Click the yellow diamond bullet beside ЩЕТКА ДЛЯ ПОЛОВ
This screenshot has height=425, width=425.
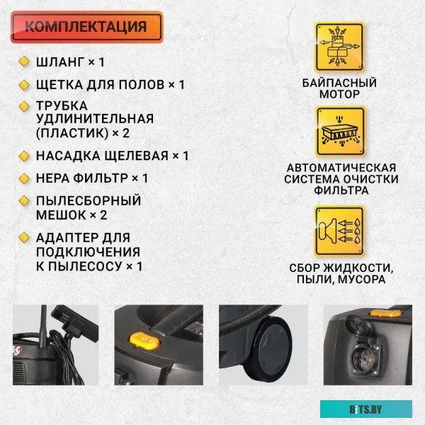(x=23, y=84)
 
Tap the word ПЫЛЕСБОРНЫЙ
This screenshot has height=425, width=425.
(x=89, y=200)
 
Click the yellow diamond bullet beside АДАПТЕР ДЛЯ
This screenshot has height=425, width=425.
(x=23, y=237)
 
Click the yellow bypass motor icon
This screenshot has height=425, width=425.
(x=339, y=47)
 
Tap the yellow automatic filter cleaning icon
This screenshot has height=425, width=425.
(x=339, y=132)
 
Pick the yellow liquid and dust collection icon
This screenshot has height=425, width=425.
(x=339, y=231)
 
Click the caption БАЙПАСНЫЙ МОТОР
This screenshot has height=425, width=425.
(x=339, y=89)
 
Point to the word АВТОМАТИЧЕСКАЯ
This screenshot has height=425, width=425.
(x=341, y=168)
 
